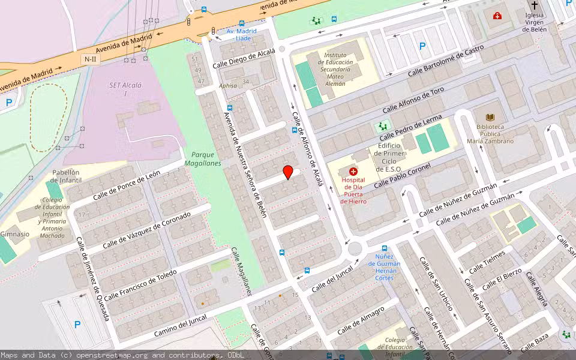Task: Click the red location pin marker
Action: coord(288,172)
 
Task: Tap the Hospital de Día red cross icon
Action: coord(353,172)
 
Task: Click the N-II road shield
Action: coord(90,59)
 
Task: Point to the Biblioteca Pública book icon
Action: coord(490,118)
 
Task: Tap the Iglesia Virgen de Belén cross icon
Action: coord(535,5)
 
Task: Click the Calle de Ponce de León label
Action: coord(127,186)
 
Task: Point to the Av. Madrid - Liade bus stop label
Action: coord(241,34)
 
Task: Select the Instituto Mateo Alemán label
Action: coord(335,69)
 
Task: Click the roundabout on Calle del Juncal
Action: coord(355,248)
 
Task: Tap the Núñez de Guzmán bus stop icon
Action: coord(385,248)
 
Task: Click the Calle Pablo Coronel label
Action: coord(403,175)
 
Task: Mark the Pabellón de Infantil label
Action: coord(66,176)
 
